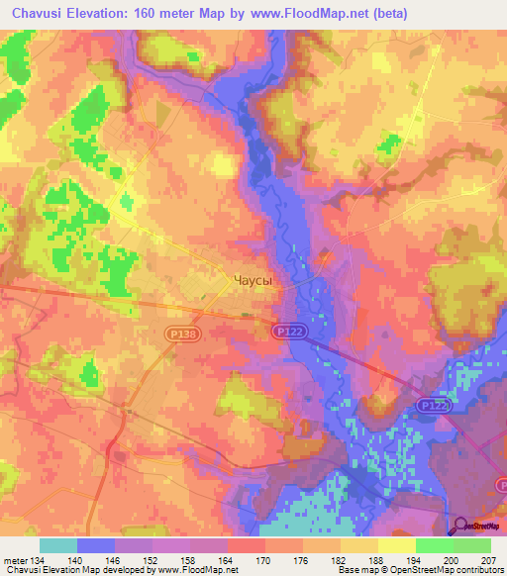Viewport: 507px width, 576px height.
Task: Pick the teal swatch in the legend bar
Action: (58, 545)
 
